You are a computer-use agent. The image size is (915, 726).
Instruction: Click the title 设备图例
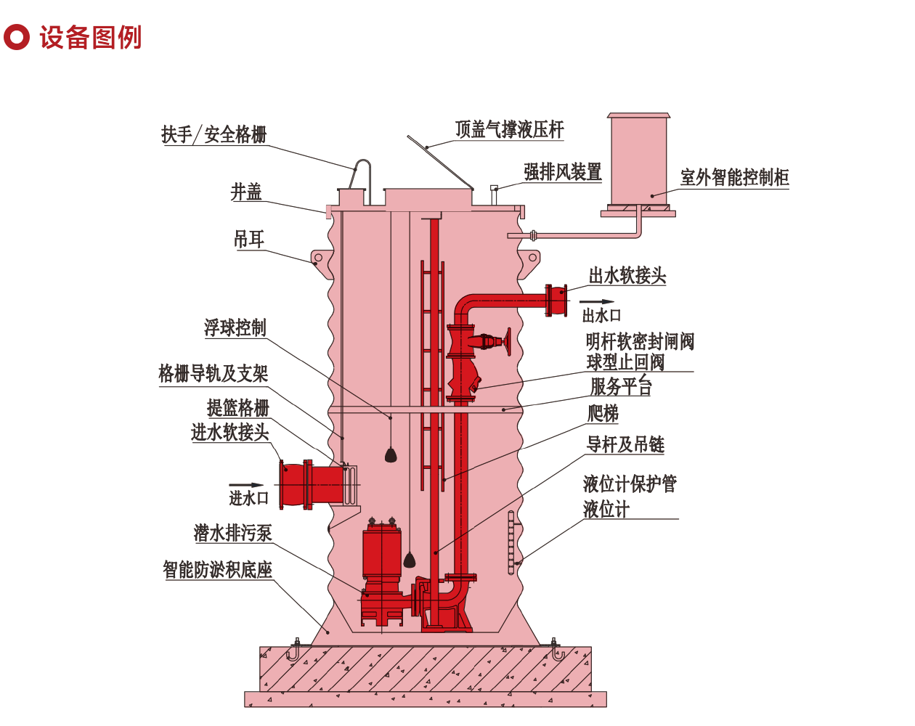pyautogui.click(x=90, y=37)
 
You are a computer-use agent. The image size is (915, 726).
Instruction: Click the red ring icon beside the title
pyautogui.click(x=16, y=37)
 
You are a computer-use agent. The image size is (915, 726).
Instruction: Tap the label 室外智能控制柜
pyautogui.click(x=734, y=177)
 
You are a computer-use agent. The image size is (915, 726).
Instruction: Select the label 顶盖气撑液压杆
pyautogui.click(x=509, y=129)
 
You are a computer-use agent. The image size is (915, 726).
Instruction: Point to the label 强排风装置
pyautogui.click(x=563, y=172)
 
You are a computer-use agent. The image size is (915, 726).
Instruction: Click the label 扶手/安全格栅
pyautogui.click(x=213, y=134)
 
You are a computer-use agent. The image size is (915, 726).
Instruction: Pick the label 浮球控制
pyautogui.click(x=235, y=327)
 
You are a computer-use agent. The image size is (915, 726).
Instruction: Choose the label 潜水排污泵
pyautogui.click(x=232, y=533)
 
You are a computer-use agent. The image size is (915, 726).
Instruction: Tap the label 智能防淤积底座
pyautogui.click(x=217, y=569)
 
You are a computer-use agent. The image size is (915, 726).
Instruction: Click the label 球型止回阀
pyautogui.click(x=625, y=362)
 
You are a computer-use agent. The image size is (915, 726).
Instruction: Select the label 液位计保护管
pyautogui.click(x=630, y=484)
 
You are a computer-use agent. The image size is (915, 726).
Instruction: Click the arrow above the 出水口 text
pyautogui.click(x=597, y=302)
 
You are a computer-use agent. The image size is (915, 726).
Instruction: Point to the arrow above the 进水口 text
pyautogui.click(x=247, y=485)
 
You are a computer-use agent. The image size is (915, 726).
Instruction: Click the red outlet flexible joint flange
pyautogui.click(x=557, y=301)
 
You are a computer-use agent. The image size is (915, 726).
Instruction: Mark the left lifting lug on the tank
pyautogui.click(x=320, y=258)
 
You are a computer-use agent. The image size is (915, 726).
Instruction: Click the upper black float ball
pyautogui.click(x=391, y=455)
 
